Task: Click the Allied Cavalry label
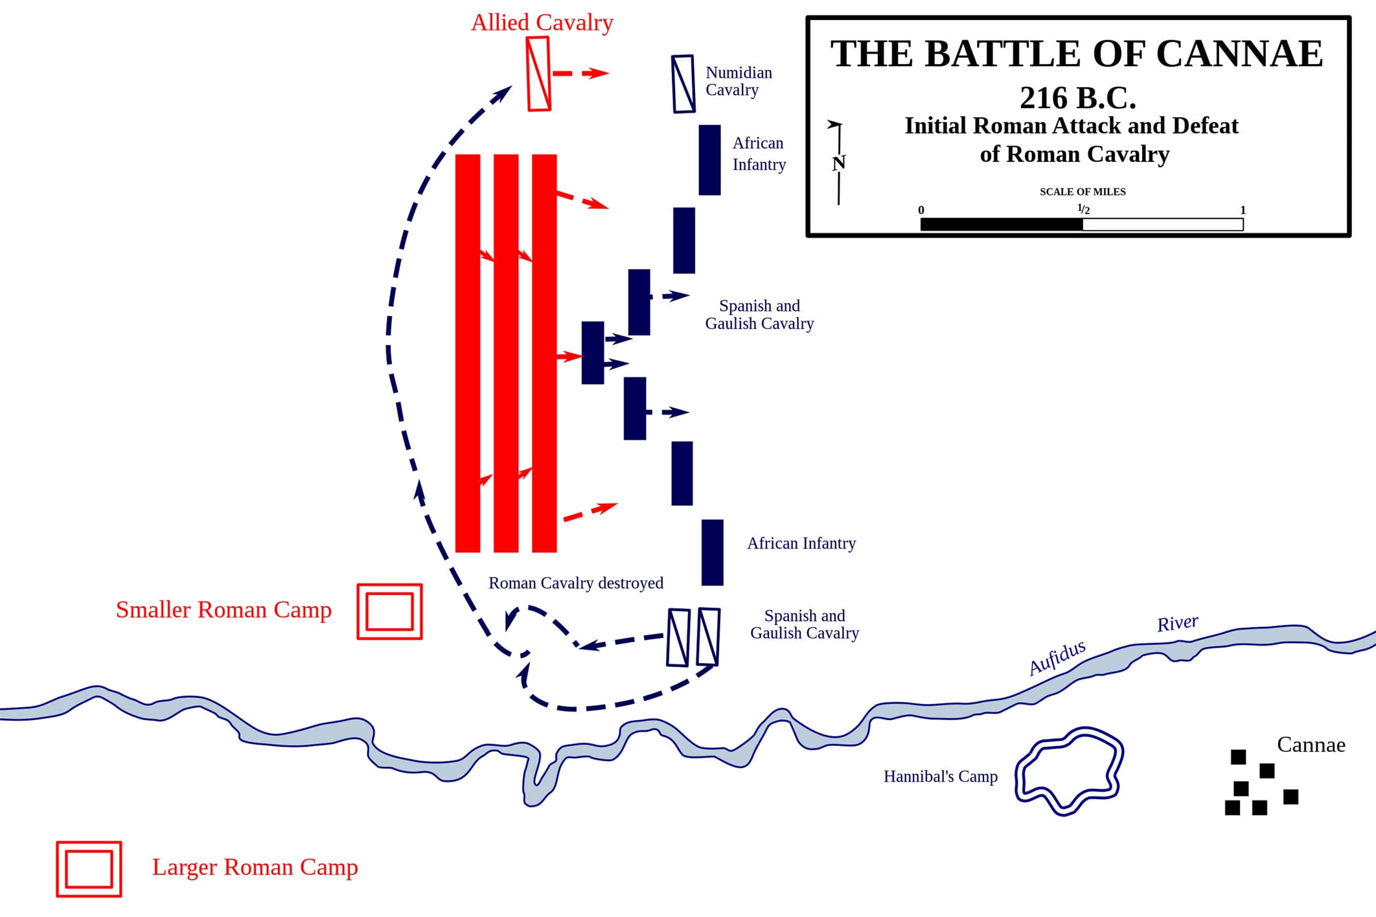point(542,23)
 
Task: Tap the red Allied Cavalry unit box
point(538,74)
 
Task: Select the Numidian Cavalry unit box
point(683,84)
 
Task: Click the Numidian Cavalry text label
point(738,81)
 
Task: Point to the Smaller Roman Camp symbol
point(389,611)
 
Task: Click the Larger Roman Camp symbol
point(89,869)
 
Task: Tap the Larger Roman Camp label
point(255,867)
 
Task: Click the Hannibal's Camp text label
point(940,776)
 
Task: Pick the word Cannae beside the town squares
point(1311,745)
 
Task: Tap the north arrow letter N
point(839,163)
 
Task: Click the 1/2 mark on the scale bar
point(1083,209)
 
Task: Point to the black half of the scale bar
point(1001,225)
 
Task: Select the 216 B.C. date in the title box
point(1077,98)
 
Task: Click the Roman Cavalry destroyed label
point(575,583)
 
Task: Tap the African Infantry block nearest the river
point(712,552)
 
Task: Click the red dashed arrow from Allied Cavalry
point(580,73)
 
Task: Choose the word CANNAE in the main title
point(1239,54)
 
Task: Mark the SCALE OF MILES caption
point(1083,192)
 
